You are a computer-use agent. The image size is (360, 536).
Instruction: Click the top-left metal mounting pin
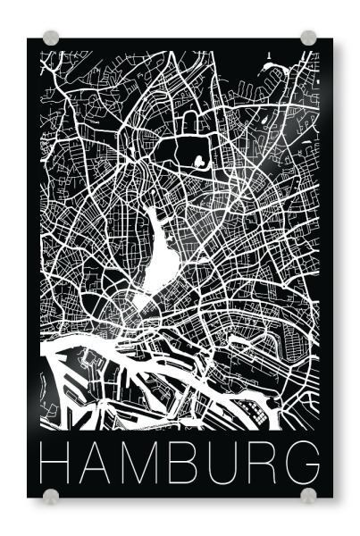pyautogui.click(x=51, y=38)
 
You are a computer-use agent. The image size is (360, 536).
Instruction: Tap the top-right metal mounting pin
pyautogui.click(x=308, y=38)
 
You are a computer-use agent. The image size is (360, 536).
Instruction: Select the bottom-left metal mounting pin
pyautogui.click(x=51, y=496)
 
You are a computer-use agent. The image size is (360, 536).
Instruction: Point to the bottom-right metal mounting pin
pyautogui.click(x=308, y=496)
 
